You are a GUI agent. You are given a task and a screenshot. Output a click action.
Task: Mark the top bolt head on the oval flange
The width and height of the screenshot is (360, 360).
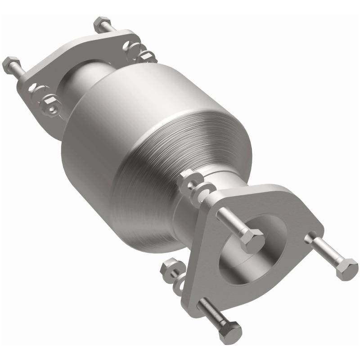[x=99, y=23]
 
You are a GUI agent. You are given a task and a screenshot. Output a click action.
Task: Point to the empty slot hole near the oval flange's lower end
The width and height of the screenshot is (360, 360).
[x=34, y=89]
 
